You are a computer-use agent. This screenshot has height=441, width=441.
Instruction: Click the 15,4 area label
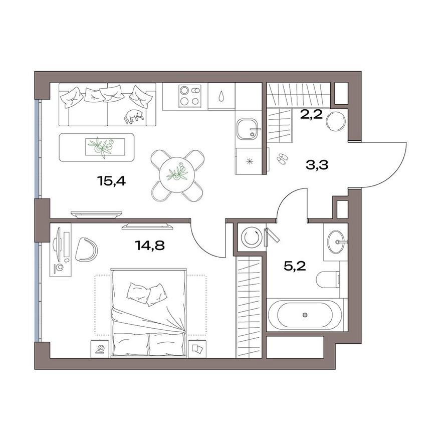click(111, 181)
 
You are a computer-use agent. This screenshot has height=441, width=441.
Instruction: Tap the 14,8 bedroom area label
click(150, 246)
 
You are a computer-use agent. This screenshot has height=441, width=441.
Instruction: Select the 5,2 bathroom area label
click(295, 266)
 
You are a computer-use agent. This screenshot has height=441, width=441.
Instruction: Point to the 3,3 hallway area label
click(317, 165)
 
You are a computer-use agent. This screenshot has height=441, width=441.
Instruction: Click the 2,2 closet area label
click(311, 114)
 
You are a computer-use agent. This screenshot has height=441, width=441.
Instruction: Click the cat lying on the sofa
click(134, 116)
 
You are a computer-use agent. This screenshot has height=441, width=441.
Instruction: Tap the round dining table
click(177, 175)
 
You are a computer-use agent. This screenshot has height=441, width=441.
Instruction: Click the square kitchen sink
click(247, 130)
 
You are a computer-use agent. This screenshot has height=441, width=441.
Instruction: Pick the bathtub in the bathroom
click(305, 315)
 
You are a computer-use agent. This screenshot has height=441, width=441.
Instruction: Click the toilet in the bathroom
click(329, 280)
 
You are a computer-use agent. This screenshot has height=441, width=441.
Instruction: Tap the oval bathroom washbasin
click(337, 242)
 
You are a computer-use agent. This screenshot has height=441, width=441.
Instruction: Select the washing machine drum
click(250, 237)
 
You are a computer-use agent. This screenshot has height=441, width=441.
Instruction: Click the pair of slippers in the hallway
click(281, 158)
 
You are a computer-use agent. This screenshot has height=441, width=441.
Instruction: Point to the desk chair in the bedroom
click(87, 249)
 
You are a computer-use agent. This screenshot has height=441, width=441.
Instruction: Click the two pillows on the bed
click(147, 294)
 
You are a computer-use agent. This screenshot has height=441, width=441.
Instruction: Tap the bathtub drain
click(305, 315)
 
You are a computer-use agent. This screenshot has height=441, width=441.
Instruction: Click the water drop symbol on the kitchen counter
click(222, 96)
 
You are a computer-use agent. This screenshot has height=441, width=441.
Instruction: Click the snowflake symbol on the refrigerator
click(249, 161)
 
